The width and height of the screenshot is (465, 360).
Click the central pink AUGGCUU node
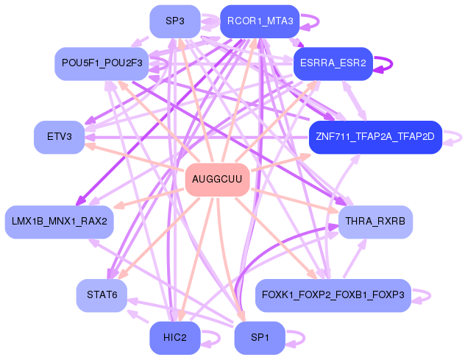(217, 180)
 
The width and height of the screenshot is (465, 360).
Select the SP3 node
(174, 21)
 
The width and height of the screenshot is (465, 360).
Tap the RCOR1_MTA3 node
(260, 21)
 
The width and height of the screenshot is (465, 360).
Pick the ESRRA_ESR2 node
(333, 63)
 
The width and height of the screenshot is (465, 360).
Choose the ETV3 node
(59, 137)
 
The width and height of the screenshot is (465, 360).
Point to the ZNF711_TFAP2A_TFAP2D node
(375, 137)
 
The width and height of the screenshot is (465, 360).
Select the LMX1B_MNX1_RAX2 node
(59, 221)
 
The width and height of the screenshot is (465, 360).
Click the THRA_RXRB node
(375, 221)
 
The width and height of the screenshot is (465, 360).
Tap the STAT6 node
(102, 295)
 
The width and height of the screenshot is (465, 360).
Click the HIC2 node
(174, 338)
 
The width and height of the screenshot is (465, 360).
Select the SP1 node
(260, 338)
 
